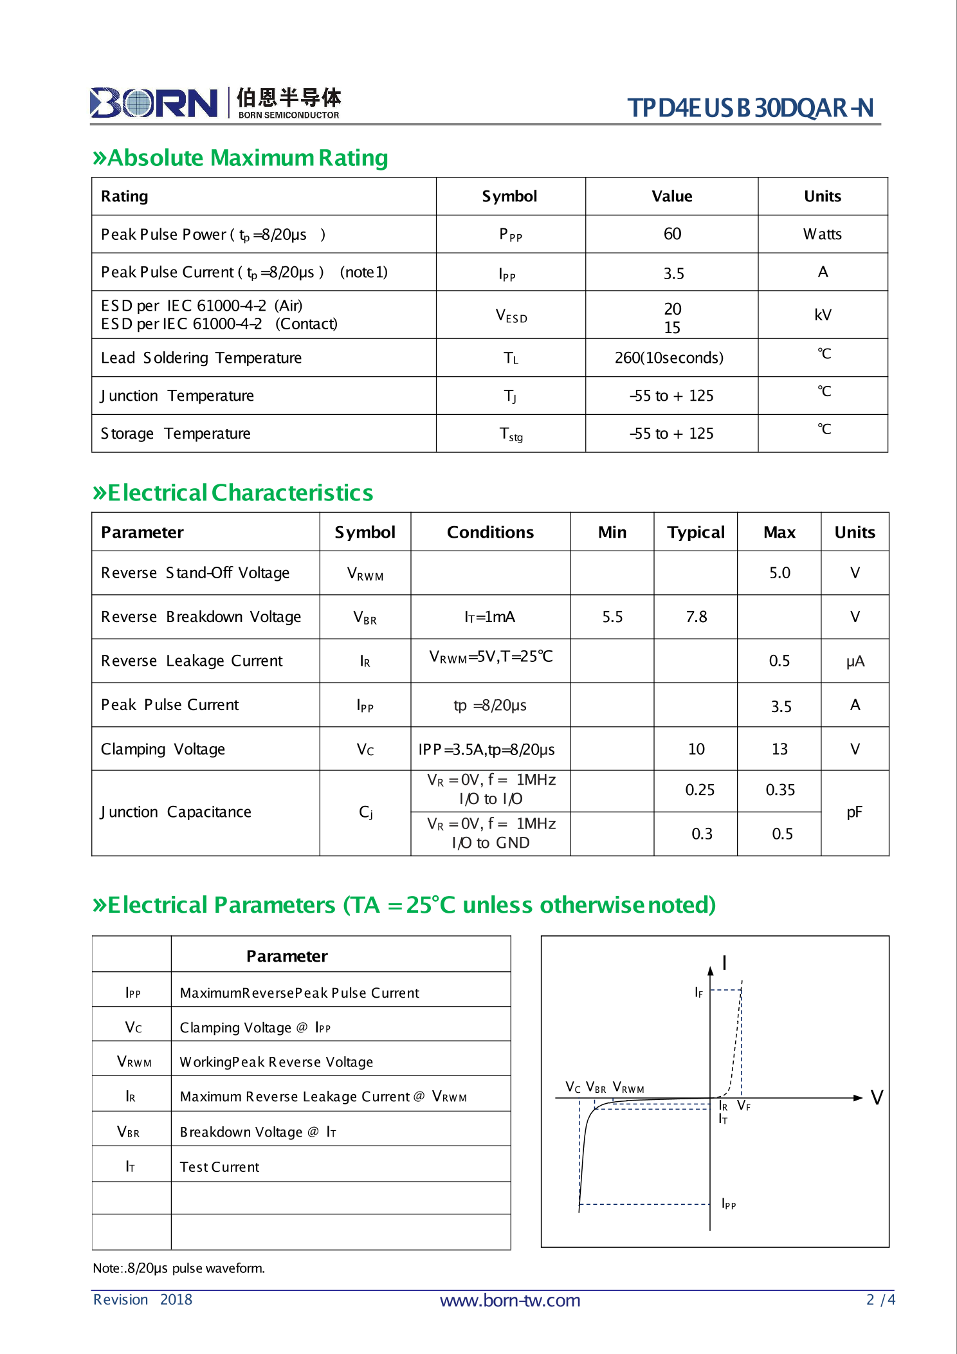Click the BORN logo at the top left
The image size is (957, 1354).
(154, 103)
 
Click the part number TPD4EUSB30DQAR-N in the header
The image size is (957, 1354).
(750, 108)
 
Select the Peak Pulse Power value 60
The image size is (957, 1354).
(672, 234)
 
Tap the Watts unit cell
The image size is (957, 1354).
(822, 234)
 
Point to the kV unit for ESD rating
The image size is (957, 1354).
(823, 315)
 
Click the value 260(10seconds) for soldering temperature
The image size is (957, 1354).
(669, 358)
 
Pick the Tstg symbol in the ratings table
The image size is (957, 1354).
(511, 435)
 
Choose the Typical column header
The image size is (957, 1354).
(695, 533)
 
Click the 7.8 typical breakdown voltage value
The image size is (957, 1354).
(696, 617)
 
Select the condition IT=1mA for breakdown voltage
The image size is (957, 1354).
(489, 618)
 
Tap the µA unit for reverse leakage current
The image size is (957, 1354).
(855, 661)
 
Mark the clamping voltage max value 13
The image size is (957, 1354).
(779, 749)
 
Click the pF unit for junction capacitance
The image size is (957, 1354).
(854, 812)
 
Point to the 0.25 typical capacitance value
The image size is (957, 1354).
(699, 790)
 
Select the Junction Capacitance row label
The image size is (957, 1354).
(176, 812)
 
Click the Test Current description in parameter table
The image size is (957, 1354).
(219, 1167)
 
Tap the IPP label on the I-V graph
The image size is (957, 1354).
(728, 1203)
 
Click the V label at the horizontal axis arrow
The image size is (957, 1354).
(877, 1097)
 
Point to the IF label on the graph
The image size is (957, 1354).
(698, 993)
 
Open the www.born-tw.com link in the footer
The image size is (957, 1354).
(509, 1301)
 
